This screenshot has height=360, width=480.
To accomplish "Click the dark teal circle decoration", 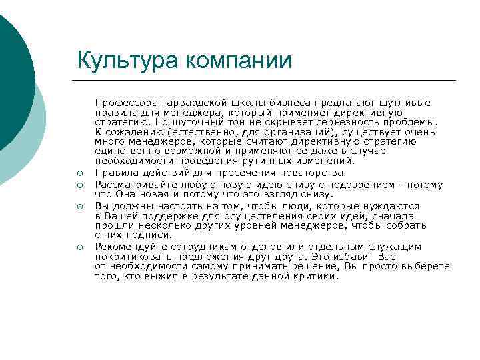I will [13, 73].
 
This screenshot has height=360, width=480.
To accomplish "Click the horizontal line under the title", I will [267, 81].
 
